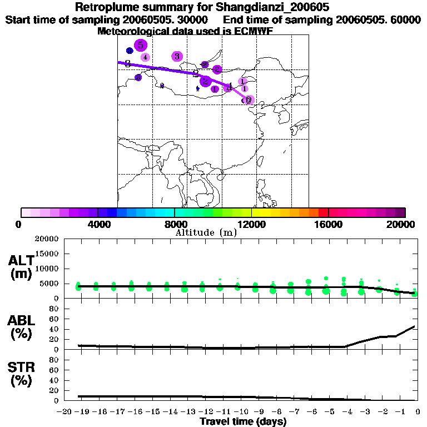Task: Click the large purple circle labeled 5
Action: point(141,46)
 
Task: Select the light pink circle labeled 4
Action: point(145,57)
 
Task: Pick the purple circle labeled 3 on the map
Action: point(177,56)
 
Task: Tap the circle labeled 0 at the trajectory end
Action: point(249,100)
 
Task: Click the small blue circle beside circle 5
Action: point(130,51)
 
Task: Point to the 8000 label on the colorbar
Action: point(174,224)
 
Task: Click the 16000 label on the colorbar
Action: point(328,224)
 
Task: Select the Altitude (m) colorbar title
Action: point(206,232)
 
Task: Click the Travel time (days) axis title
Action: point(243,421)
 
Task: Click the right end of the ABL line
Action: point(414,326)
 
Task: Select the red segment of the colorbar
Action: point(324,212)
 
